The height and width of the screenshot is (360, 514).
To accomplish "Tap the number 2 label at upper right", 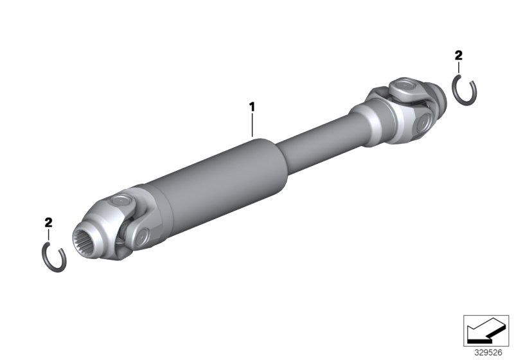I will tap(458, 56).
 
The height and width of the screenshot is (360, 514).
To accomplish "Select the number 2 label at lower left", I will tap(48, 222).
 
